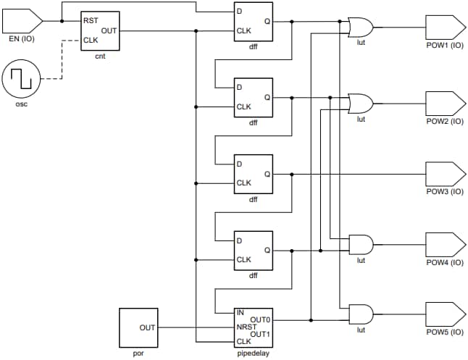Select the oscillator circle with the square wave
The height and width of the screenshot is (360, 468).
20,79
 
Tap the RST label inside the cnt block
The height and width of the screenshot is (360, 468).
91,20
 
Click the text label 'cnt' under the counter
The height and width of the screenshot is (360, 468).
100,56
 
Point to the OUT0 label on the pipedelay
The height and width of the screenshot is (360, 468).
260,319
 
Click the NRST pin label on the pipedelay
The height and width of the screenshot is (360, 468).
246,327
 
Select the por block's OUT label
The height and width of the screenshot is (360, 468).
147,327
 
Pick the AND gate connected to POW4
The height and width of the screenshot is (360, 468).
360,243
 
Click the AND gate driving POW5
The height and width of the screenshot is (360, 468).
360,313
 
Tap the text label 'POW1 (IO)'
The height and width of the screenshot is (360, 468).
444,45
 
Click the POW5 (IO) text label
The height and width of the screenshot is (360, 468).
444,332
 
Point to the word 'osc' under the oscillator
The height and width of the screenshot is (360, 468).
20,103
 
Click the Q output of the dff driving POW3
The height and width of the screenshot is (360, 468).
267,175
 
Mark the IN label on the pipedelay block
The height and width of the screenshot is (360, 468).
240,312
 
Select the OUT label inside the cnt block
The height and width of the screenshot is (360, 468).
109,30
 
